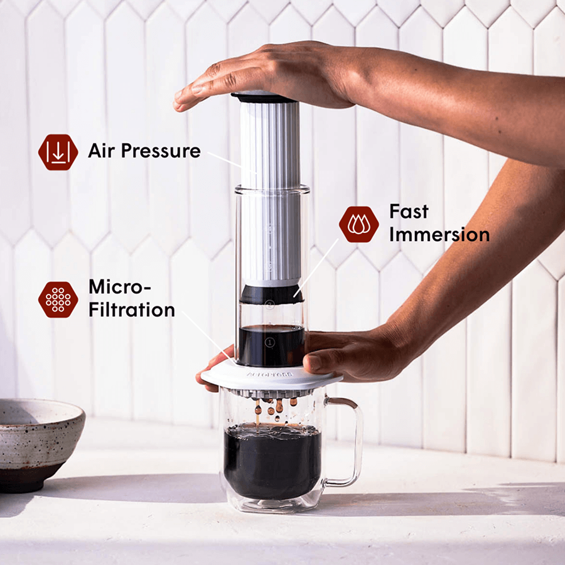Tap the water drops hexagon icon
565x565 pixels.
coord(358,224)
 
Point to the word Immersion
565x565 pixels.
coord(439,235)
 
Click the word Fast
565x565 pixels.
coord(409,212)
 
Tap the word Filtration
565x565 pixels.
coord(131,309)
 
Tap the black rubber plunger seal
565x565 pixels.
coord(271,294)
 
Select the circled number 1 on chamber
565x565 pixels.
coord(270,342)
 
